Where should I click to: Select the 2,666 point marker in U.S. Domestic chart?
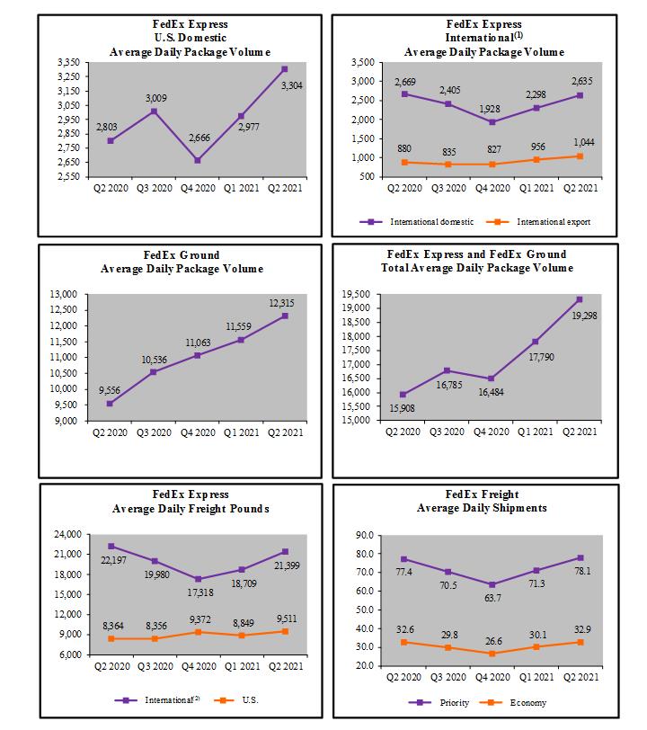click(197, 160)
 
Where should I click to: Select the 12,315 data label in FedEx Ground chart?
click(280, 303)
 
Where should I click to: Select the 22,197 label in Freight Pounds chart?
click(110, 561)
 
